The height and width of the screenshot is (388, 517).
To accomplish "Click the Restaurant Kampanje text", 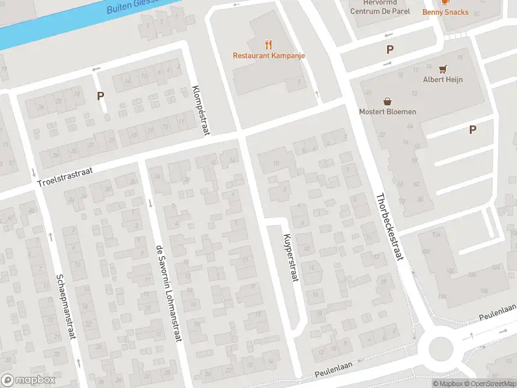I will [269, 56].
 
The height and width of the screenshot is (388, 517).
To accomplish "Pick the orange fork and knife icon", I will [268, 45].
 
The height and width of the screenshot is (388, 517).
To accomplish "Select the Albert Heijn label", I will [442, 80].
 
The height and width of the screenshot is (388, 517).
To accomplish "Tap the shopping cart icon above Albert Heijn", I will [443, 69].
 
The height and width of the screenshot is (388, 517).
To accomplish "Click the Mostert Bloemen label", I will [388, 111].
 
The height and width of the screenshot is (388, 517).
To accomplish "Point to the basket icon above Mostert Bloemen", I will [388, 100].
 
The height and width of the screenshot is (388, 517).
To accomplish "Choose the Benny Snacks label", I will [445, 12].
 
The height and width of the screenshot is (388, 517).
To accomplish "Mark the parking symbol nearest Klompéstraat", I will [100, 96].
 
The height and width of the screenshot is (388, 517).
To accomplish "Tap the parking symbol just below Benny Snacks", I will [390, 49].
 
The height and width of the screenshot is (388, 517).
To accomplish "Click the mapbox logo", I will [28, 380].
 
